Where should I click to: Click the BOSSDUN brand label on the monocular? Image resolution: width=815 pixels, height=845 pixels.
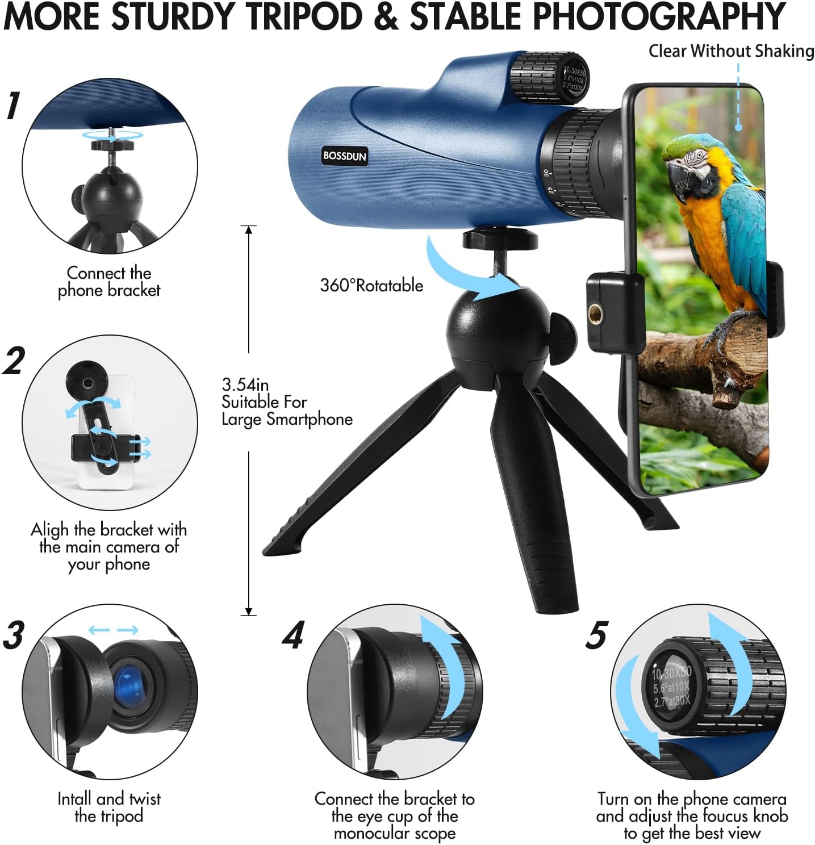pos(344,156)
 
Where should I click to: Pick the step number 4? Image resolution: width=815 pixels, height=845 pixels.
pos(294,634)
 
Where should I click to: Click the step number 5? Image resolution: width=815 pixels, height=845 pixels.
pos(596,634)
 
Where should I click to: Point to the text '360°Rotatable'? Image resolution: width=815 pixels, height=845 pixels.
pos(371,285)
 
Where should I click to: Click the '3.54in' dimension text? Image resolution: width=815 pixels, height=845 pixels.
pos(245,384)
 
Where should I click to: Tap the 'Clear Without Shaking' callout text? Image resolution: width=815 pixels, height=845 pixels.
pos(731,51)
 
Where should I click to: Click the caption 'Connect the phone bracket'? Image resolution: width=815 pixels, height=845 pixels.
pos(109,281)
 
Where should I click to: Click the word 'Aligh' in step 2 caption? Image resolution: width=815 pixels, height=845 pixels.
pos(49,530)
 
